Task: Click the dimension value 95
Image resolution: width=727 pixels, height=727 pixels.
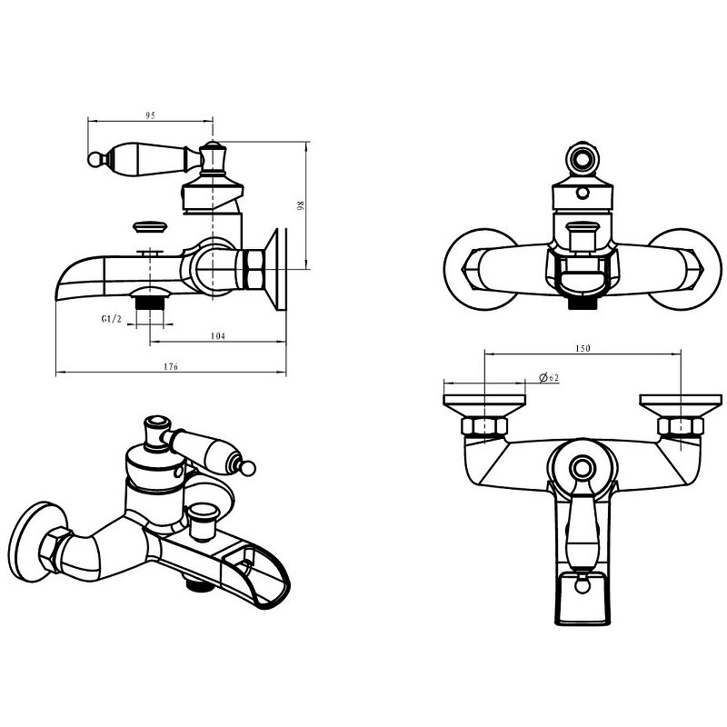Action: click(150, 115)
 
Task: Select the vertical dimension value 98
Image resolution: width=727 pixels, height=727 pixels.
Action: click(301, 205)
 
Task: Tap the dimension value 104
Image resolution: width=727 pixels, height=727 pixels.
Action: click(218, 335)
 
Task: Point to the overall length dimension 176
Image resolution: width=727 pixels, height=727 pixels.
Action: click(171, 366)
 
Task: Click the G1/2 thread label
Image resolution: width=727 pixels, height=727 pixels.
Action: click(111, 319)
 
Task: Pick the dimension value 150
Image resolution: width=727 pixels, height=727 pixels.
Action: click(583, 348)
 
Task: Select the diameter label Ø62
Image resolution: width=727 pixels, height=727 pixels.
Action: click(550, 377)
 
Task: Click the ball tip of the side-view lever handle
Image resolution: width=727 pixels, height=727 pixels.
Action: click(95, 160)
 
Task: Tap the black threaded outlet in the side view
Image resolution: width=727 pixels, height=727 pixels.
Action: click(149, 304)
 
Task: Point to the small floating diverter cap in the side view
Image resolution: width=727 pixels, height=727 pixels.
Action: click(150, 227)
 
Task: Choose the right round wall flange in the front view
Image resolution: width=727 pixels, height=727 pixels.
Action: click(686, 269)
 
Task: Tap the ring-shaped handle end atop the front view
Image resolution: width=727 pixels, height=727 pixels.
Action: click(583, 158)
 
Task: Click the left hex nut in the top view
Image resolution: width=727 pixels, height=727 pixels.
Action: click(484, 426)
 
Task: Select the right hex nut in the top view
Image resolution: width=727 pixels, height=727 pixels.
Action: click(680, 426)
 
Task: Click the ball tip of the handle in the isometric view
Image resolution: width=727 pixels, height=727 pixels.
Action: click(248, 468)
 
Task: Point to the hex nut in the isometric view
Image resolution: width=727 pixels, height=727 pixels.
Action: click(54, 551)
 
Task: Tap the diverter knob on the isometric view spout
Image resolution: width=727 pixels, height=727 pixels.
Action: click(202, 522)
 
